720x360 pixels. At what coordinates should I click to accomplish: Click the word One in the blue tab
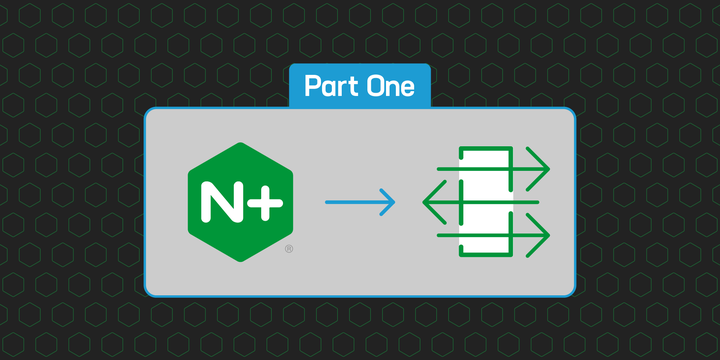[388, 86]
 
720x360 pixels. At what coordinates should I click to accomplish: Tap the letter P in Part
[311, 86]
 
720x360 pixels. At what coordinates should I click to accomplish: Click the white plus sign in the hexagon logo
[263, 202]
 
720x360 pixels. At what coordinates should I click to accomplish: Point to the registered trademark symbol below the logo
[289, 247]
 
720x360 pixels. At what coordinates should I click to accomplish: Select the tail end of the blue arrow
[327, 203]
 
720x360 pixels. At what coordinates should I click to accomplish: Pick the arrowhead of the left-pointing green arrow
[425, 202]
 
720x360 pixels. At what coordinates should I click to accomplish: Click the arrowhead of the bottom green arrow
[547, 236]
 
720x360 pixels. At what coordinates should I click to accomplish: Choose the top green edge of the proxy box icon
[485, 148]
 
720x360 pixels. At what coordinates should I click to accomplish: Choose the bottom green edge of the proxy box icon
[485, 256]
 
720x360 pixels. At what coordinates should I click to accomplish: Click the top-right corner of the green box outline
[511, 148]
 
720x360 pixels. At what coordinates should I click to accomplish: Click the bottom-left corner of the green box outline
[459, 256]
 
